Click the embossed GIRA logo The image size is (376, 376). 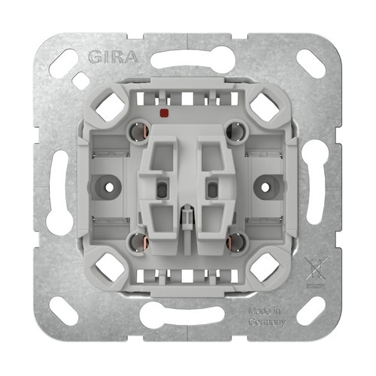pos(114,57)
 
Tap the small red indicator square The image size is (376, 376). pos(164,113)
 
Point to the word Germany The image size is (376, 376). pos(267,322)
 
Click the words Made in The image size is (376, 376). pos(264,311)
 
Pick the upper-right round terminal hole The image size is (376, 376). pos(236,130)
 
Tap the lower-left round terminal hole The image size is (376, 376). pos(139,242)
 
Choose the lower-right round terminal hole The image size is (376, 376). pos(236,242)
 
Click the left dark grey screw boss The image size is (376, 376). pos(109,187)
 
